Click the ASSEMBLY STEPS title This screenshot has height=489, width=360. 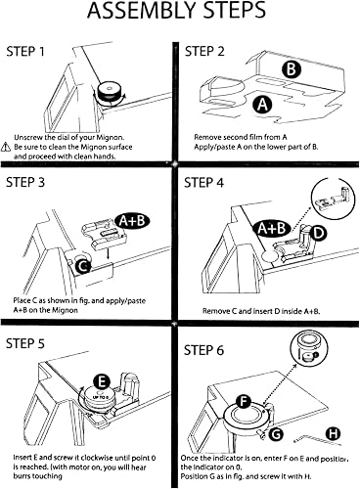(x=176, y=12)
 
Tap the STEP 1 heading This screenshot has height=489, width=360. (x=25, y=52)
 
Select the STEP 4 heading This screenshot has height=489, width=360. (x=203, y=183)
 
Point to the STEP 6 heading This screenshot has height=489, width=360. (x=203, y=350)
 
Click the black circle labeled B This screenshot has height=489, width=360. (x=292, y=69)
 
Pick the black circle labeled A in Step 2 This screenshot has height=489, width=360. (x=262, y=105)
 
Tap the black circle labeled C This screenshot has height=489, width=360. (x=83, y=266)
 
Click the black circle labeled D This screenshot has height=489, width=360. (x=318, y=233)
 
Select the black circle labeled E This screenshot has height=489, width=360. (x=102, y=382)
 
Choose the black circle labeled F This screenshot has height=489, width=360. (x=243, y=402)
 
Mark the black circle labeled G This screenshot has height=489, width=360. (x=276, y=434)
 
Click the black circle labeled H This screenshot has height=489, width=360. (x=333, y=433)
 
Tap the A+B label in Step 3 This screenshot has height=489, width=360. (x=132, y=221)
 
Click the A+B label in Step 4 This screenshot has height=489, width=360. (x=271, y=228)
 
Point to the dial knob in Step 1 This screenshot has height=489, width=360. (x=110, y=92)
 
